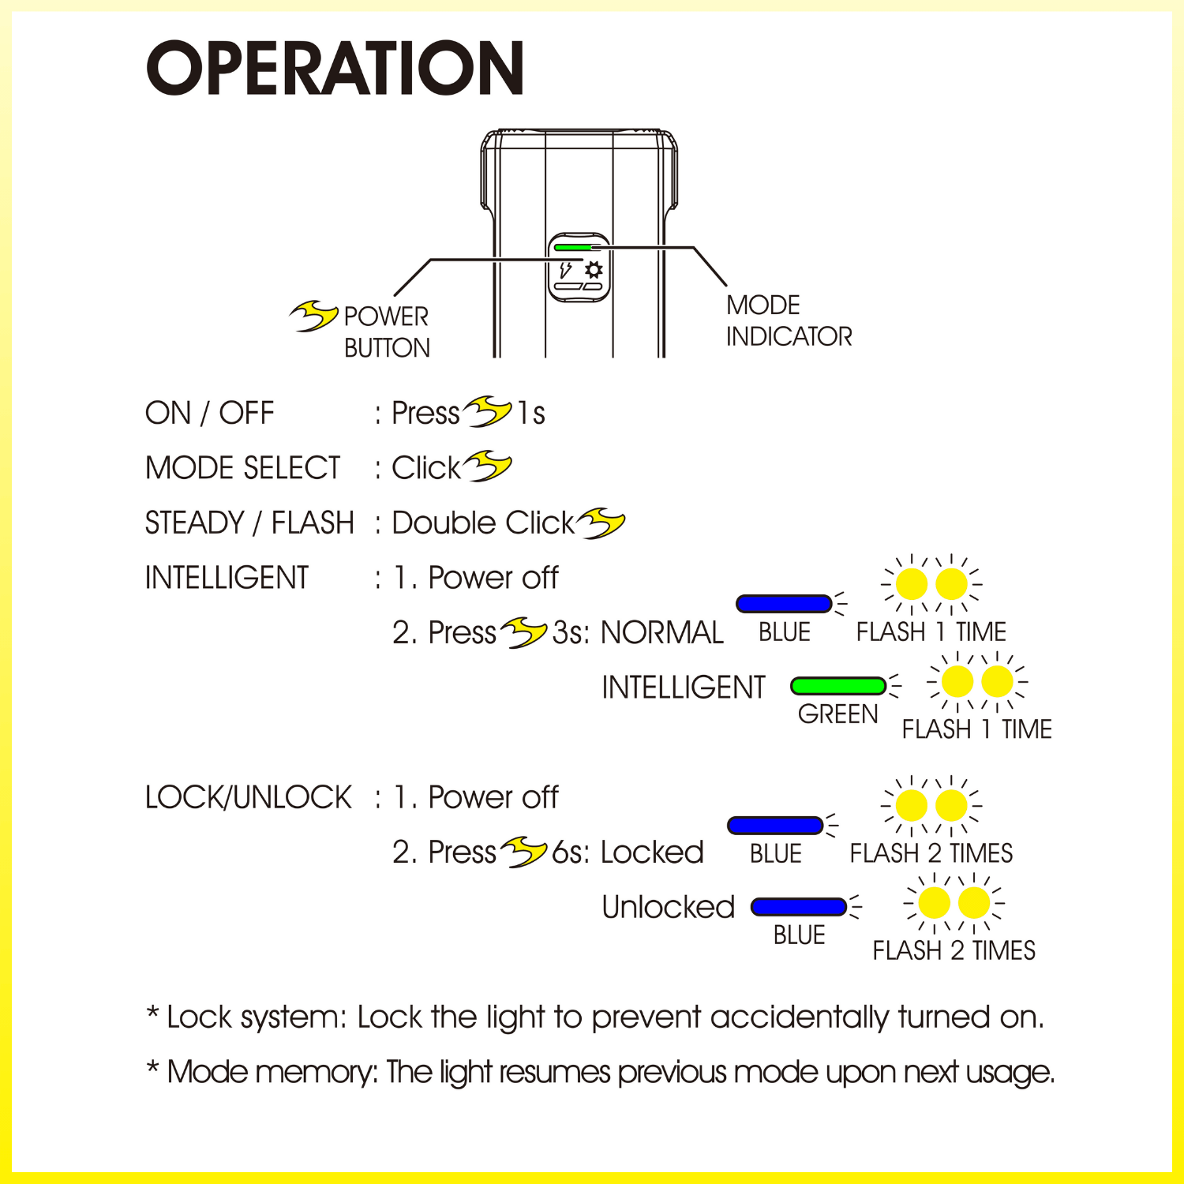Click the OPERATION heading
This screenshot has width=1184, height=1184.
[x=335, y=69]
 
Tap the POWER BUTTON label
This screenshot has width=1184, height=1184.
[x=387, y=332]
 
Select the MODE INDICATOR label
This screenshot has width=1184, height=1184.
[x=789, y=320]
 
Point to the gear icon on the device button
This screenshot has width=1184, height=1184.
[x=594, y=270]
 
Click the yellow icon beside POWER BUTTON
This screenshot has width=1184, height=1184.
[x=313, y=316]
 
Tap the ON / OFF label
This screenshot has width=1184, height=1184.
[x=209, y=413]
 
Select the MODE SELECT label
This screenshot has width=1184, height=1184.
[x=242, y=468]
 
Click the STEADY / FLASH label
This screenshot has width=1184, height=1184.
[x=249, y=523]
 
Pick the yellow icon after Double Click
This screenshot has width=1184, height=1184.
[x=601, y=523]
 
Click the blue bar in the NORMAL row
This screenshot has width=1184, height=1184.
[x=783, y=604]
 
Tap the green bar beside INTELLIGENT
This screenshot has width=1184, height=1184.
[x=838, y=685]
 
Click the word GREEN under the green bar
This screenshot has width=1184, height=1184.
[x=837, y=714]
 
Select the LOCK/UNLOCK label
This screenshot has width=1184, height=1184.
[x=248, y=797]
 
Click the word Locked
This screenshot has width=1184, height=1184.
[x=652, y=852]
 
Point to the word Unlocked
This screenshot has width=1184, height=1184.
[x=668, y=907]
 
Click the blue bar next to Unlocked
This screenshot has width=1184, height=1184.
[x=799, y=907]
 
